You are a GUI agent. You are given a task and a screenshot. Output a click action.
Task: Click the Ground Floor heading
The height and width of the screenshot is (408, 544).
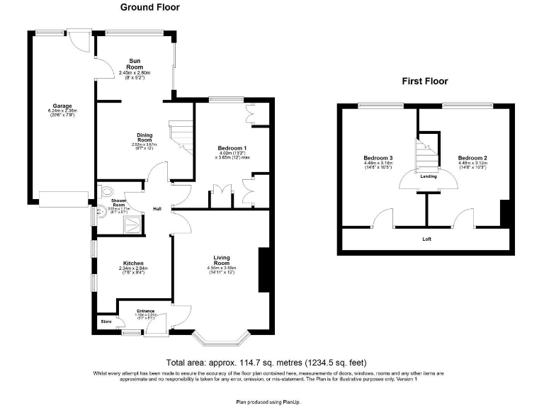149,8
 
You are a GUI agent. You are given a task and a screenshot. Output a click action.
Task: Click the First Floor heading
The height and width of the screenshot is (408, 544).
425,81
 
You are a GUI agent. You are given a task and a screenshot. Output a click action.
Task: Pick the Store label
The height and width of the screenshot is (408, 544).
106,323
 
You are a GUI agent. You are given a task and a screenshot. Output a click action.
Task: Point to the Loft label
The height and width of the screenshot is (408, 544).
426,239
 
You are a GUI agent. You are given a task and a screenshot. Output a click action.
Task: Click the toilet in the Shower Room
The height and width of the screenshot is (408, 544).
107,191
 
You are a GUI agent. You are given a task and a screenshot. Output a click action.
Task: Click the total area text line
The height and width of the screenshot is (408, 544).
266,362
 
